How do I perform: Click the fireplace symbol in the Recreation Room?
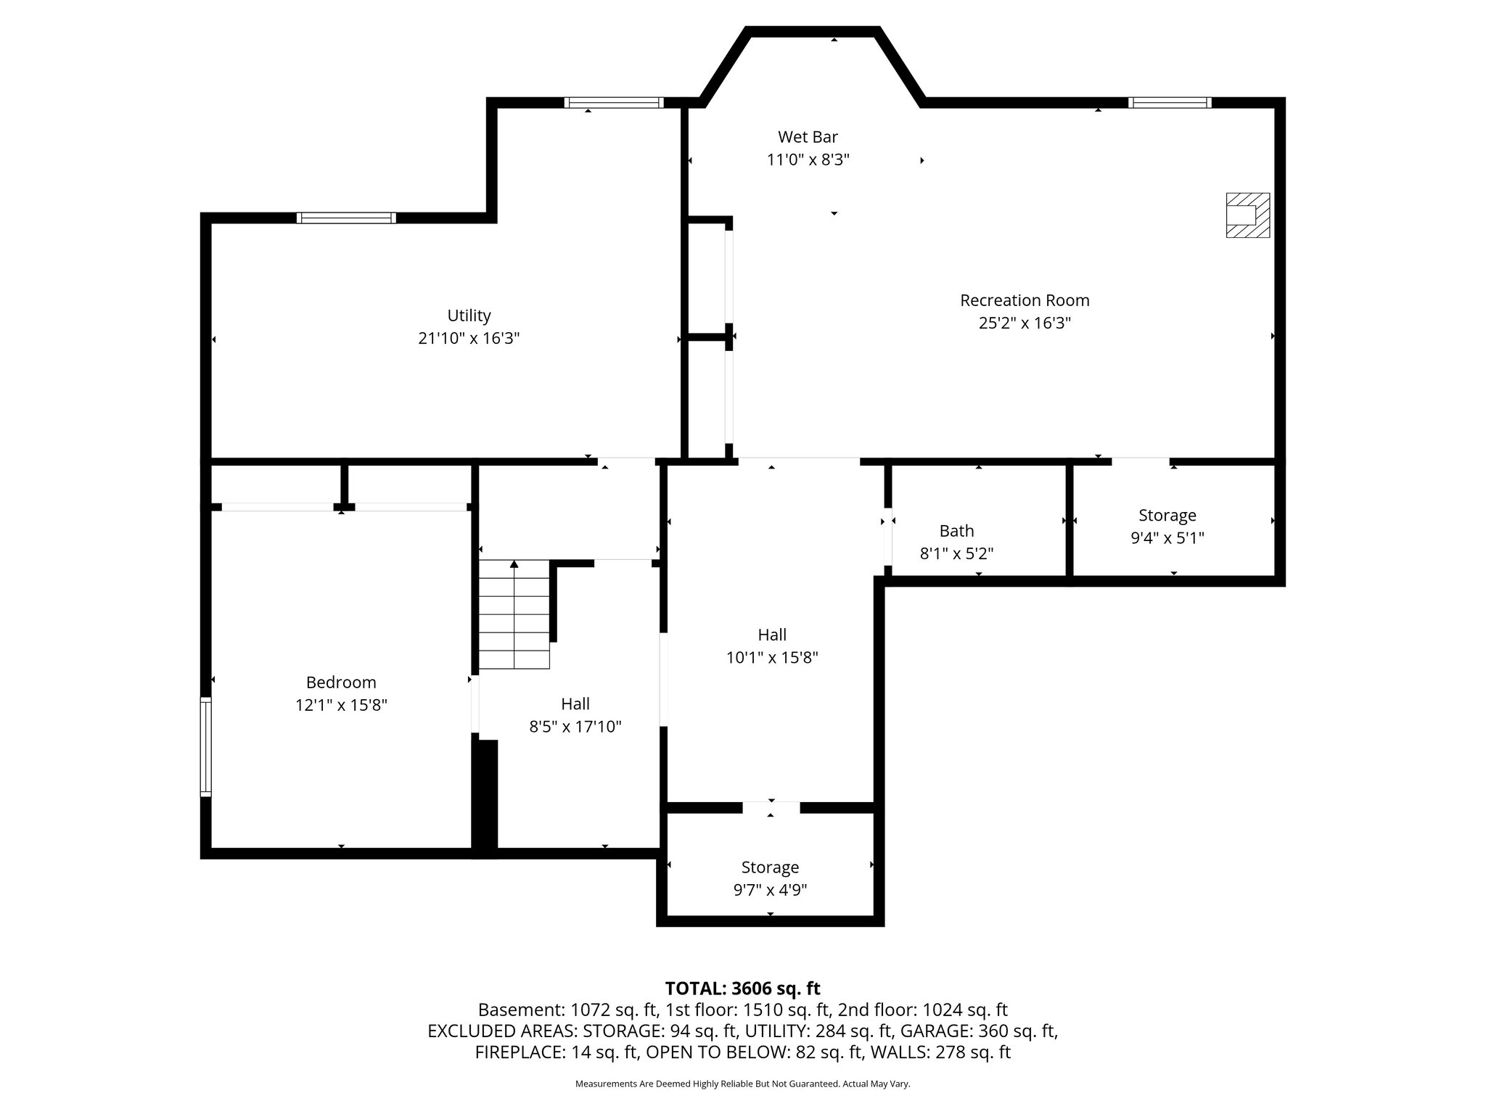(x=1247, y=215)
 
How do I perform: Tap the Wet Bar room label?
(x=808, y=137)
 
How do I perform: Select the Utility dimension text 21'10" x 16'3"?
(x=469, y=338)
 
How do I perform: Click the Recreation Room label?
(x=1025, y=300)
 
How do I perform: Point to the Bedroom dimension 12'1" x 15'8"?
(x=341, y=705)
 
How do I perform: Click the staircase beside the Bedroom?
(x=514, y=616)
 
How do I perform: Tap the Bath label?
(x=956, y=531)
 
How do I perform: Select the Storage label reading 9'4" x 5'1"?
(x=1167, y=527)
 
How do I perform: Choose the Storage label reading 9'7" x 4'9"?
(x=770, y=878)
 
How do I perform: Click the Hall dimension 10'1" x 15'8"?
(x=772, y=658)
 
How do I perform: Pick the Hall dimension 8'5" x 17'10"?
(x=575, y=727)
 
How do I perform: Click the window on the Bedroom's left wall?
(x=206, y=747)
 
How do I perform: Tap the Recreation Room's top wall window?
(x=1169, y=103)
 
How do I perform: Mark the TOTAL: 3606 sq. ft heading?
(x=742, y=989)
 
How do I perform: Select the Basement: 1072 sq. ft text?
(x=567, y=1010)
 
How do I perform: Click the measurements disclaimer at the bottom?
(x=742, y=1084)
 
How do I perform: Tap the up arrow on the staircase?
(x=514, y=564)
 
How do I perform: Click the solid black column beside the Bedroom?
(x=485, y=794)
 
